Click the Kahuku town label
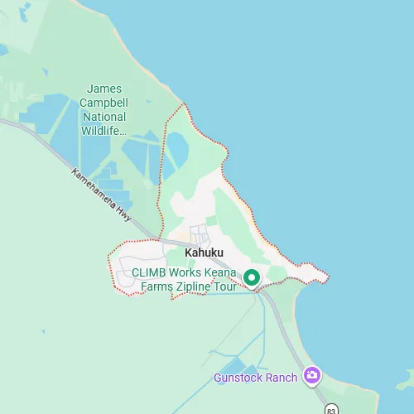pos(204,252)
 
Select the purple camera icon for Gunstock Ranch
pos(311,375)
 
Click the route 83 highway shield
pos(331,410)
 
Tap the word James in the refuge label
pos(104,89)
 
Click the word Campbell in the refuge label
pos(104,103)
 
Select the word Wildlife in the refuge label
pos(104,130)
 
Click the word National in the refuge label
pos(104,117)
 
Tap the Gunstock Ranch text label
pos(255,378)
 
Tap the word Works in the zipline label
pos(187,273)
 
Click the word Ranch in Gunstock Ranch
pos(281,378)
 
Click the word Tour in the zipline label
pos(226,286)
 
